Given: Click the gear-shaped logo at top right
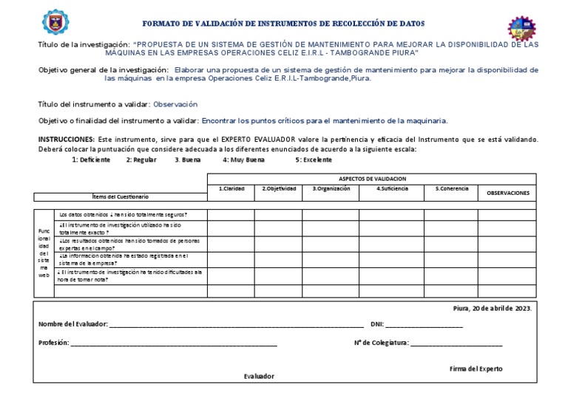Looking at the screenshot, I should (522, 27).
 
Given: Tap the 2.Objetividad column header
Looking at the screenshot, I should (279, 189).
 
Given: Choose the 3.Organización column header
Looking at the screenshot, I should (330, 189).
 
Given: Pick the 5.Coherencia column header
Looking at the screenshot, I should (451, 189).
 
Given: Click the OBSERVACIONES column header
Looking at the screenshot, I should (507, 193).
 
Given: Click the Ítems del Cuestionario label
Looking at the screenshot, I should (121, 196).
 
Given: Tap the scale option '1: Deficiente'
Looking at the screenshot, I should (91, 160).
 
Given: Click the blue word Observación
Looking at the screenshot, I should (175, 105).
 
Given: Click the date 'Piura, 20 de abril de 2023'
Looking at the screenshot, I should (491, 308).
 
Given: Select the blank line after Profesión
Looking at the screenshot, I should (174, 343).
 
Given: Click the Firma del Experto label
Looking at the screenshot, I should (476, 368).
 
